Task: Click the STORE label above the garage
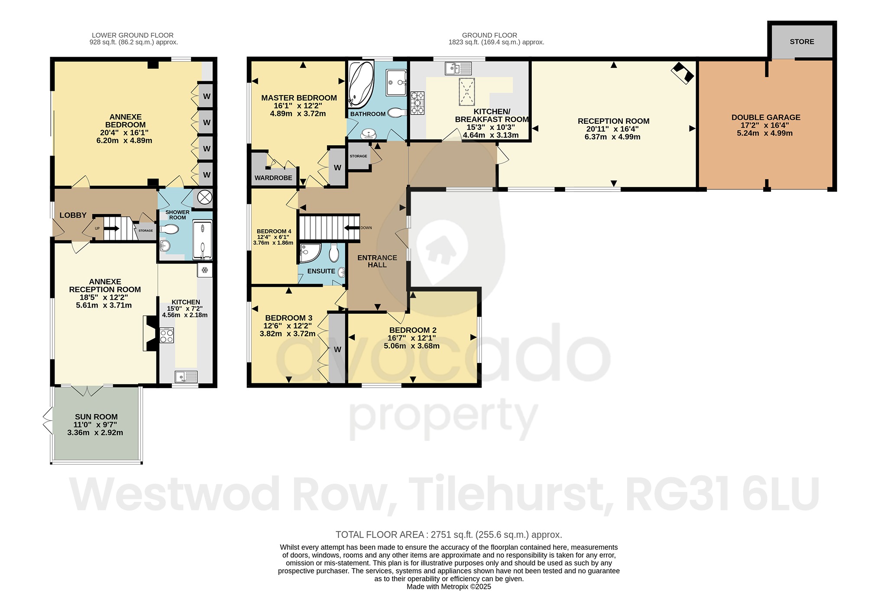click(x=802, y=42)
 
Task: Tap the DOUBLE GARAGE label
click(x=766, y=117)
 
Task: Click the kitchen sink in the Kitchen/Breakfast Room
click(x=458, y=68)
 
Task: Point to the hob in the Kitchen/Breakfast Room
click(x=418, y=103)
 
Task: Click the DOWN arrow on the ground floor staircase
click(x=352, y=228)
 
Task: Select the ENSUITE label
click(x=321, y=271)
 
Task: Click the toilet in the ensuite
click(x=334, y=253)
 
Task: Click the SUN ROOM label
click(x=96, y=417)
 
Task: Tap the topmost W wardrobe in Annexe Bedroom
click(x=207, y=96)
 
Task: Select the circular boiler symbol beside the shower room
click(x=204, y=198)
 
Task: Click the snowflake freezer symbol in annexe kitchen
click(x=205, y=270)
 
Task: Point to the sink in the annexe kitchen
click(x=186, y=376)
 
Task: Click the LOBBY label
click(x=73, y=215)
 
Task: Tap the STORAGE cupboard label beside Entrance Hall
click(x=358, y=156)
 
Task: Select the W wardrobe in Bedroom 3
click(x=337, y=349)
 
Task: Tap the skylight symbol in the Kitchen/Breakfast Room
click(x=466, y=91)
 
